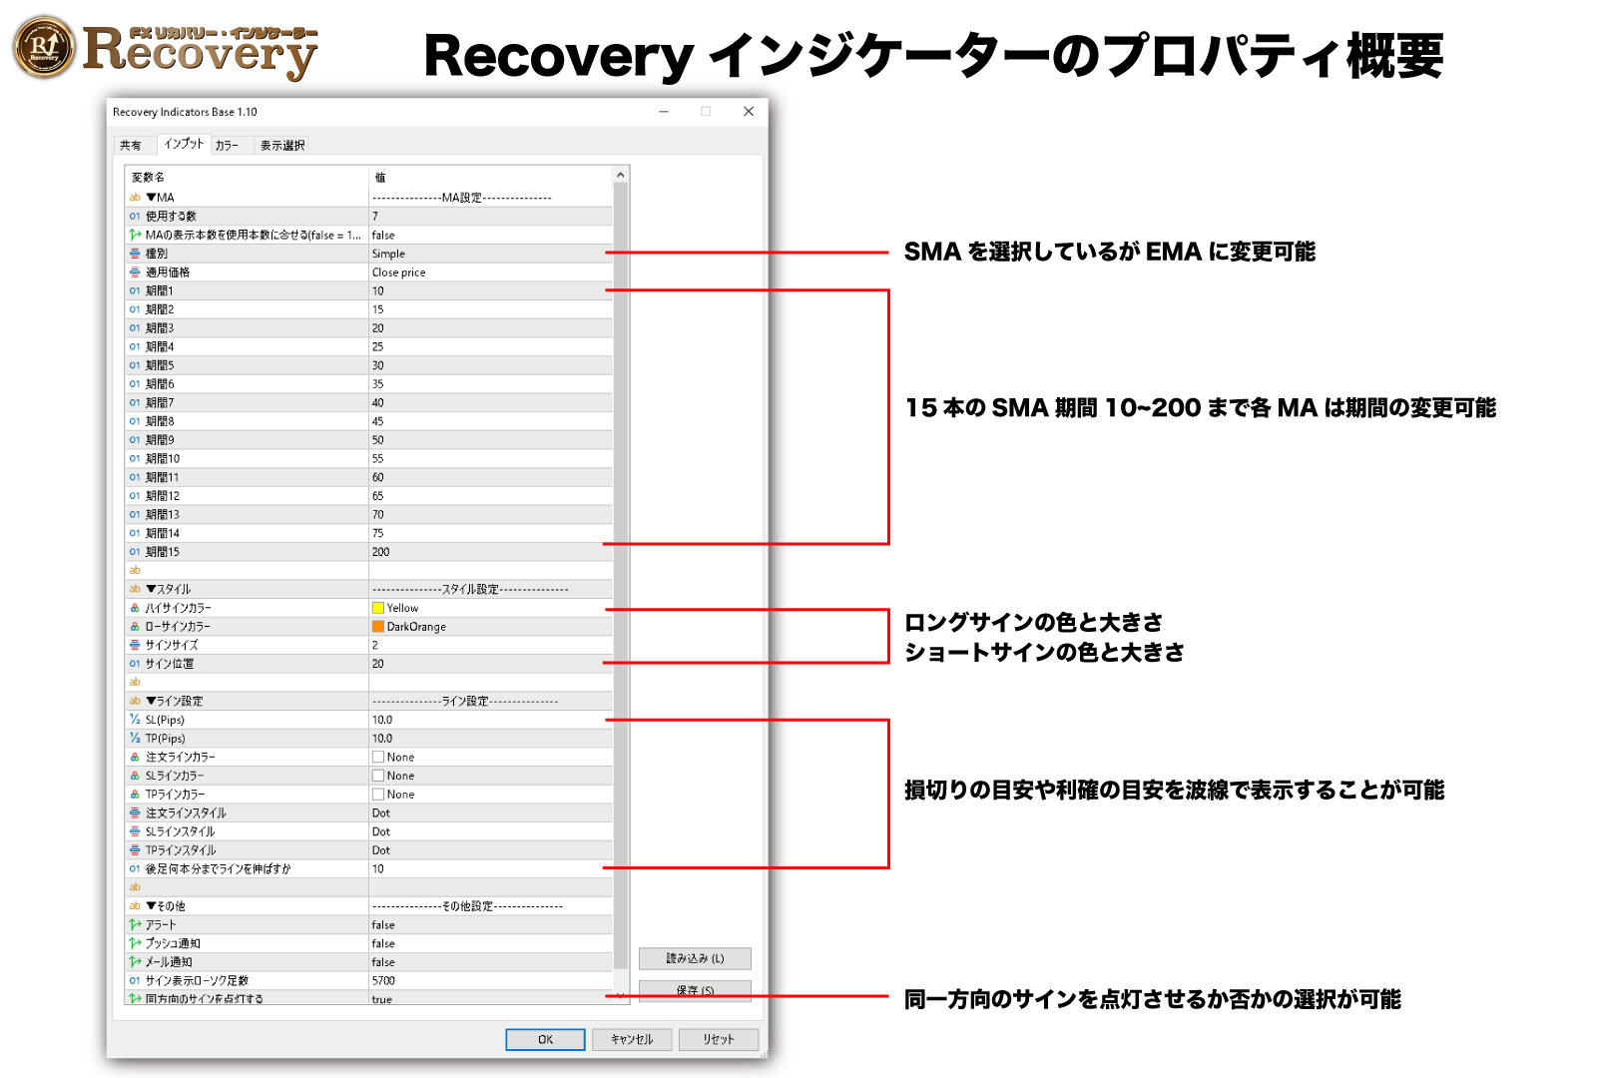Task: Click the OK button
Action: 545,1039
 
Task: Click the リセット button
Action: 718,1039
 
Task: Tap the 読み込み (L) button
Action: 695,958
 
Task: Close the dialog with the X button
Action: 749,112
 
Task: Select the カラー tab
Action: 227,146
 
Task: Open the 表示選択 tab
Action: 281,146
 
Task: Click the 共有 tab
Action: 131,146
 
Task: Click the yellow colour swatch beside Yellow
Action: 378,608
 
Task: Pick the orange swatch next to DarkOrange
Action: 378,627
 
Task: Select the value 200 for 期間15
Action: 381,552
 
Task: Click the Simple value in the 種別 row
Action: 389,254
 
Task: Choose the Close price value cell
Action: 399,272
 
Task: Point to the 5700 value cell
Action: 384,981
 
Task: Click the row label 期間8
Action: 160,421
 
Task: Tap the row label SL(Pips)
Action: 165,720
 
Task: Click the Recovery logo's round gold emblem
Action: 44,47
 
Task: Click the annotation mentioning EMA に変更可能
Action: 1109,252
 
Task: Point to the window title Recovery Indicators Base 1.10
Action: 185,112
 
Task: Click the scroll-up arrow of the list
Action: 620,176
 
